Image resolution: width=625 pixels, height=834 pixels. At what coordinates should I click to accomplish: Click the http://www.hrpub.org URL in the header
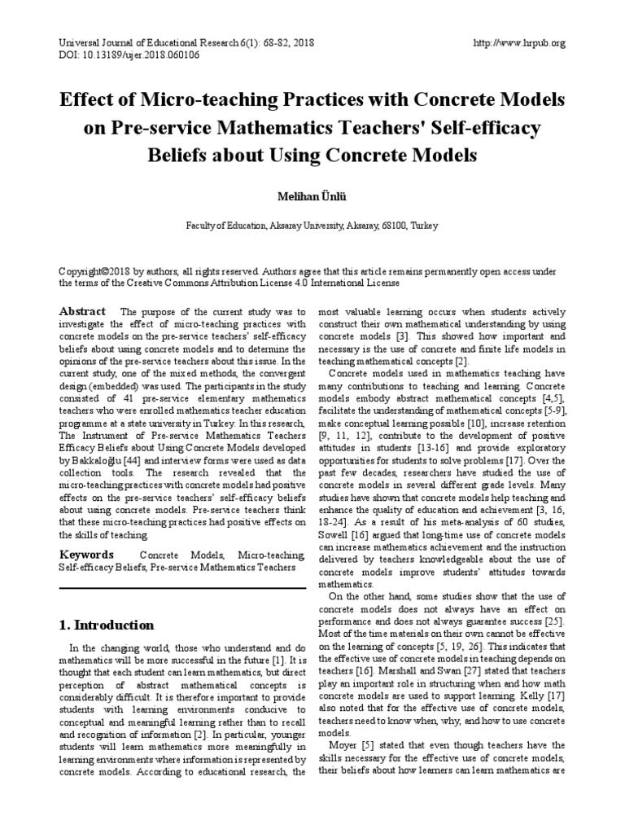coord(518,43)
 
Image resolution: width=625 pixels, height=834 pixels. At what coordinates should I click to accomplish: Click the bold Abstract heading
coord(83,312)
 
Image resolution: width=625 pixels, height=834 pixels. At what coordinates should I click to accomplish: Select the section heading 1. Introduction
coord(107,625)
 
